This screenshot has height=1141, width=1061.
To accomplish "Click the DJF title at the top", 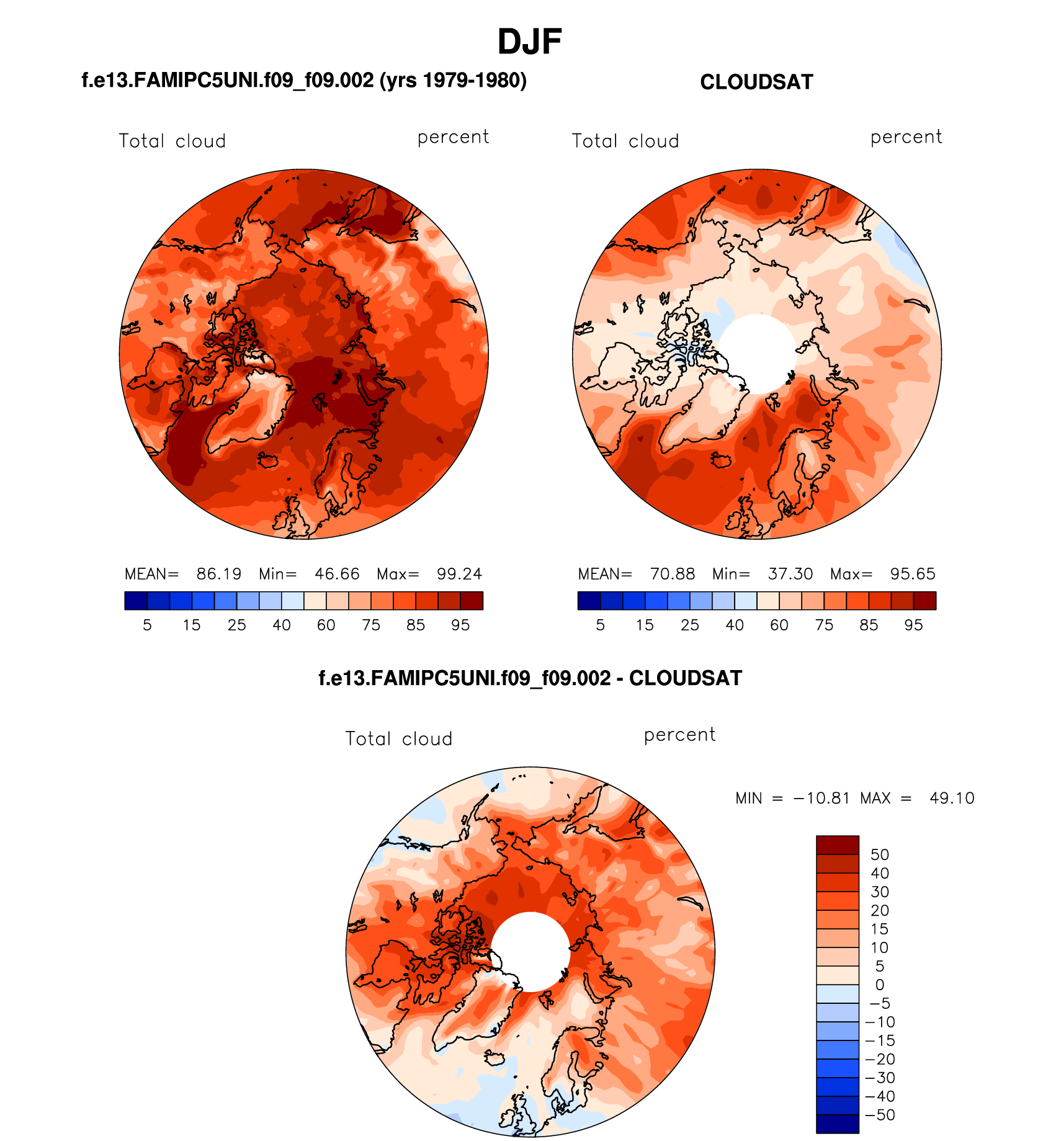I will (529, 42).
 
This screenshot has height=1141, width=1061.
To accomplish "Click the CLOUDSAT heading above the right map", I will (756, 83).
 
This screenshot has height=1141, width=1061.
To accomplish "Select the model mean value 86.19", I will (219, 574).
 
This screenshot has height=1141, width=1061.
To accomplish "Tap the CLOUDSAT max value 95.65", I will (912, 574).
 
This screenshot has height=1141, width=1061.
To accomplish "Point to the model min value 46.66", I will (337, 574).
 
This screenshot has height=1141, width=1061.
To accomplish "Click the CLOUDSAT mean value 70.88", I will (673, 574).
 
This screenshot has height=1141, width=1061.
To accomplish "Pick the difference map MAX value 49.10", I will (952, 798).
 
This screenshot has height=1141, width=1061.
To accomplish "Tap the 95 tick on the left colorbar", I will (460, 625).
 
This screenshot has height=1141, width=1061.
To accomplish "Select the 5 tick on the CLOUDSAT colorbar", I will (600, 625).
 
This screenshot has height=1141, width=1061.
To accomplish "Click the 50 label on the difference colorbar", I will (879, 855).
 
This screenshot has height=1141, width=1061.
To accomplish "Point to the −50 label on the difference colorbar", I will (880, 1115).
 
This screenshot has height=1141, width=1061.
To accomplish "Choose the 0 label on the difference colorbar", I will (879, 985).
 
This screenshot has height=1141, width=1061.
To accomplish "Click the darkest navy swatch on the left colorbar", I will (136, 601).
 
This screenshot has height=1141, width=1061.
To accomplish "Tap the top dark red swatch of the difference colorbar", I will (838, 845).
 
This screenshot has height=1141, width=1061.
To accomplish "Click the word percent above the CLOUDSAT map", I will (906, 137).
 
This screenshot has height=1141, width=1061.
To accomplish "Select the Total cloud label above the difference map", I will (399, 739).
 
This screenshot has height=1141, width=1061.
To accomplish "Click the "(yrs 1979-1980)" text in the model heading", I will (453, 81).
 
